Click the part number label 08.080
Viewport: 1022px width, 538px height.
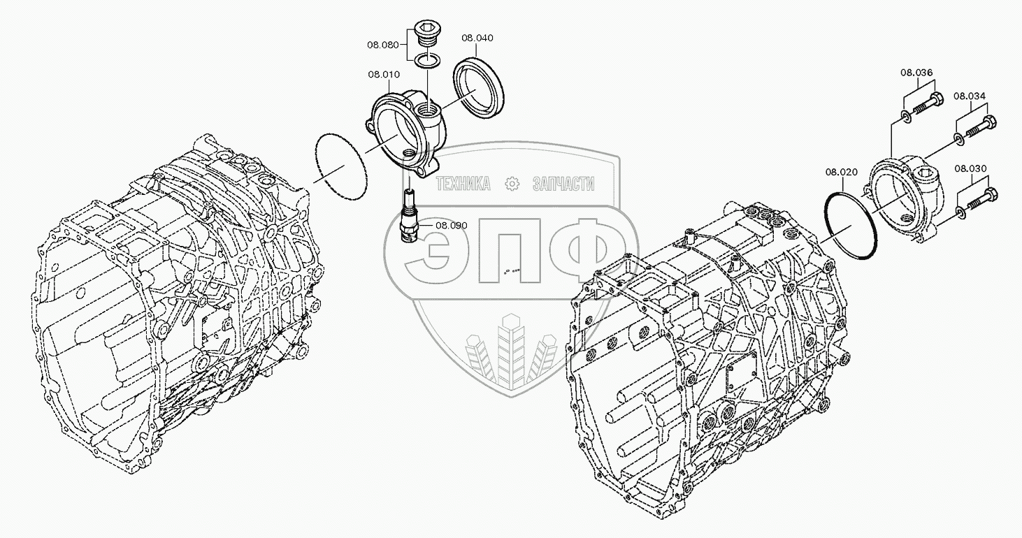tap(383, 45)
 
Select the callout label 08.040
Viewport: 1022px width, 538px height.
tap(477, 38)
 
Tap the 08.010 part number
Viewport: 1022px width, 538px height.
tap(384, 74)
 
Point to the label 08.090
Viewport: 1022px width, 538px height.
tap(451, 225)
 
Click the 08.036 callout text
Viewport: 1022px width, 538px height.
tap(916, 73)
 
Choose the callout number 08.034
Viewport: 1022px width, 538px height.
tap(970, 96)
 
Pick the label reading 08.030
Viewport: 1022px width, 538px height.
tap(970, 168)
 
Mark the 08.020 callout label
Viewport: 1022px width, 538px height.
tap(842, 172)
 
